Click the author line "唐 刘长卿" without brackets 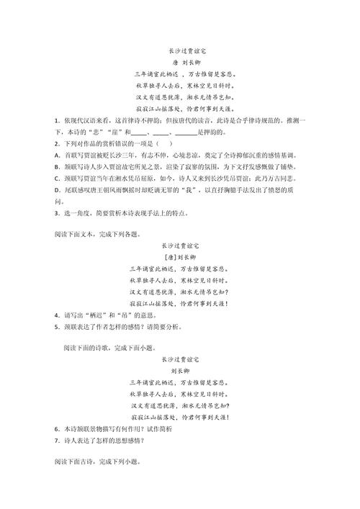click(179, 62)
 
